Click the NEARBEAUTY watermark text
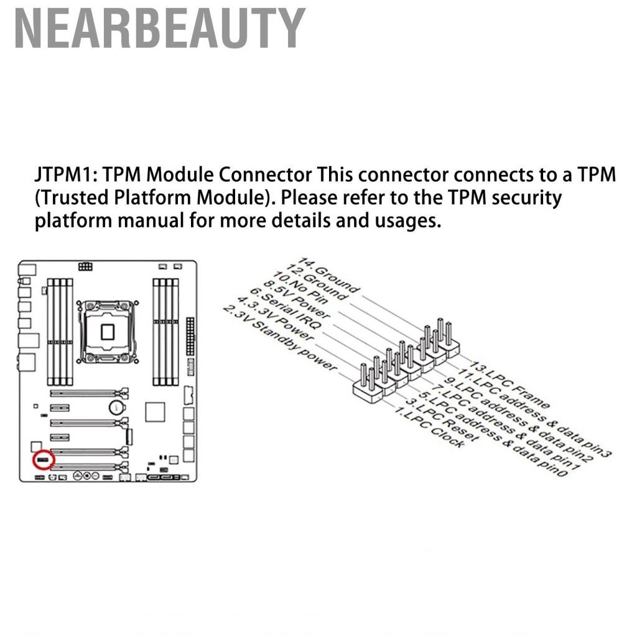click(160, 29)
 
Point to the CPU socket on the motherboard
click(108, 332)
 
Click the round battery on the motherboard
click(116, 407)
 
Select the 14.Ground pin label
click(329, 274)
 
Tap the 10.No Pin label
click(300, 287)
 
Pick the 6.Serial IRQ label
click(286, 308)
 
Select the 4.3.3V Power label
click(276, 318)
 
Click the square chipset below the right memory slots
click(155, 412)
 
